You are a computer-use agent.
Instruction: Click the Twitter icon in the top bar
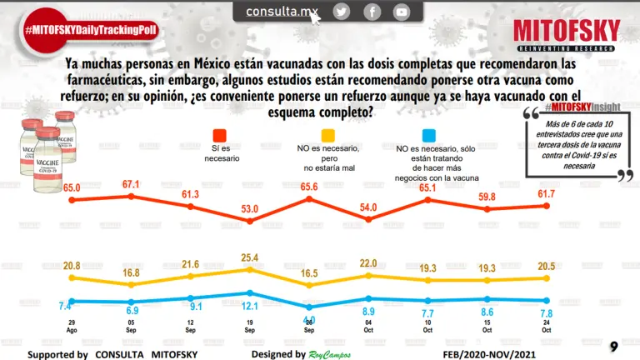tap(341, 12)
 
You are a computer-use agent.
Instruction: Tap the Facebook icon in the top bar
tap(372, 12)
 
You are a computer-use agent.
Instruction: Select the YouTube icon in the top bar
tap(402, 12)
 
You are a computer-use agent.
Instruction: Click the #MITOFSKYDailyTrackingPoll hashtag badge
tap(91, 30)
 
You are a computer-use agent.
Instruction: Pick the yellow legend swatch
tap(328, 136)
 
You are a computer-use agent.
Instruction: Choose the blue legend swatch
tap(428, 136)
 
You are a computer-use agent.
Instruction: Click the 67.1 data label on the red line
tap(132, 183)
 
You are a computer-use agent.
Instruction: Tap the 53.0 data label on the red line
tap(252, 207)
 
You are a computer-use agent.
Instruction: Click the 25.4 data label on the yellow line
tap(252, 257)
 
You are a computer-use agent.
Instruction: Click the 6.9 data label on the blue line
tap(132, 310)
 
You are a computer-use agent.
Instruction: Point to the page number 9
tap(613, 346)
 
